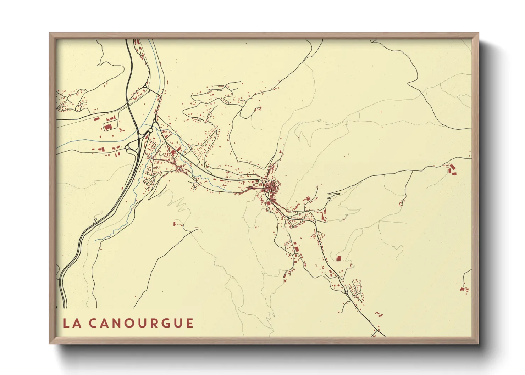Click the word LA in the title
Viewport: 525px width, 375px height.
71,323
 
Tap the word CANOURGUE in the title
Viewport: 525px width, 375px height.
141,323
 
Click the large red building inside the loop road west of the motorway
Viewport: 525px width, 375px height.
108,127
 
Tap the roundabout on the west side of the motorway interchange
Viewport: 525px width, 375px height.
127,147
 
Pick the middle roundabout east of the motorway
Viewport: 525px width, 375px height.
150,131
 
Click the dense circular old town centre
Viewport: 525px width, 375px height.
272,186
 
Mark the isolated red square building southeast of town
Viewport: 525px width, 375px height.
338,258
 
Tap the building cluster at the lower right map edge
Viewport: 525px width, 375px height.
465,290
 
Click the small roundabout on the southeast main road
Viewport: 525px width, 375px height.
346,292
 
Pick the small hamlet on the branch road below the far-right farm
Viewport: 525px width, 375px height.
402,203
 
